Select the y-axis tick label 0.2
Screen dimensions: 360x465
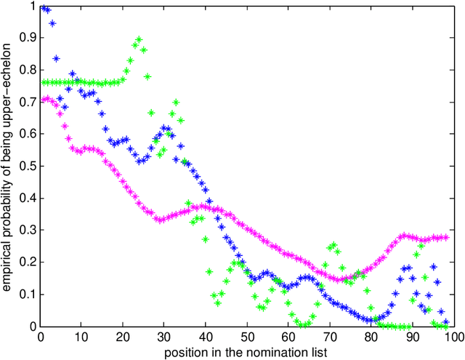(x=24, y=263)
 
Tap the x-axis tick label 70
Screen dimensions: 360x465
(x=330, y=337)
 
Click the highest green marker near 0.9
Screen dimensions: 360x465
(x=139, y=39)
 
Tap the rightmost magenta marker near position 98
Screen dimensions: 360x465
(x=446, y=237)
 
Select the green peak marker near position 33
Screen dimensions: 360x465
(x=176, y=103)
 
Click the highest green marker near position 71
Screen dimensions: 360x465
(x=334, y=245)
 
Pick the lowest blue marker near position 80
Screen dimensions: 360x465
(x=371, y=320)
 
